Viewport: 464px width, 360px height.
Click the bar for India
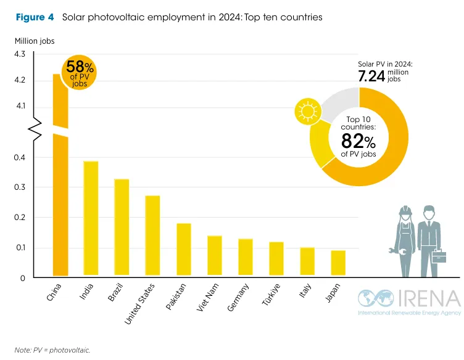[91, 218]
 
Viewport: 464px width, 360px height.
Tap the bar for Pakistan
[183, 249]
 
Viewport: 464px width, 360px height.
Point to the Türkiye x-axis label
[270, 295]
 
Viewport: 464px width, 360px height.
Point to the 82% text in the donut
[358, 139]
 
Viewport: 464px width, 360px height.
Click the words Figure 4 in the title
[35, 17]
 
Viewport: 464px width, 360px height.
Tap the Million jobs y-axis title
[35, 41]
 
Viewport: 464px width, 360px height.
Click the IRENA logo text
[426, 298]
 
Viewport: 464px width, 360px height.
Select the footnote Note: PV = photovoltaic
[53, 350]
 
